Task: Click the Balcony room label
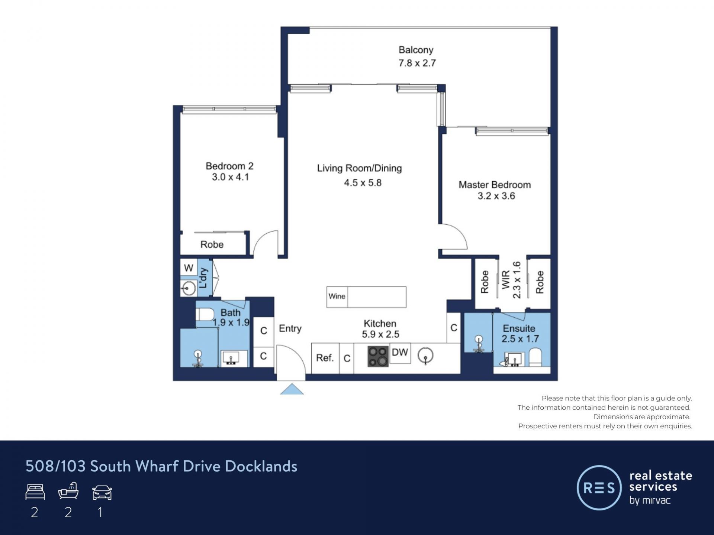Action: tap(416, 50)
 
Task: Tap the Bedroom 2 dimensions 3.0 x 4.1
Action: tap(230, 177)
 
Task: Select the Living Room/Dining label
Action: tap(359, 168)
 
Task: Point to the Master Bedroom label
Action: tap(495, 185)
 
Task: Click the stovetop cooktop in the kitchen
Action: tap(378, 356)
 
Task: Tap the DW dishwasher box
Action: tap(400, 353)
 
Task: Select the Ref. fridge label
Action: tap(325, 358)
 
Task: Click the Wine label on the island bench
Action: tap(337, 296)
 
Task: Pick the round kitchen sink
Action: tap(425, 356)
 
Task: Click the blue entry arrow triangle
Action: tap(292, 389)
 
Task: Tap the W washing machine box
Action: tap(189, 268)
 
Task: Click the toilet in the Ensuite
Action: tap(535, 357)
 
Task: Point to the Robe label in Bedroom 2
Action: tap(212, 244)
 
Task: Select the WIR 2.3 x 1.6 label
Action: tap(511, 280)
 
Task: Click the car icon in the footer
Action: tap(102, 493)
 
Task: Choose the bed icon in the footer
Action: tap(35, 492)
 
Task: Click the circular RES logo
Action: tap(599, 487)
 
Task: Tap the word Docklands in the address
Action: tap(261, 466)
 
